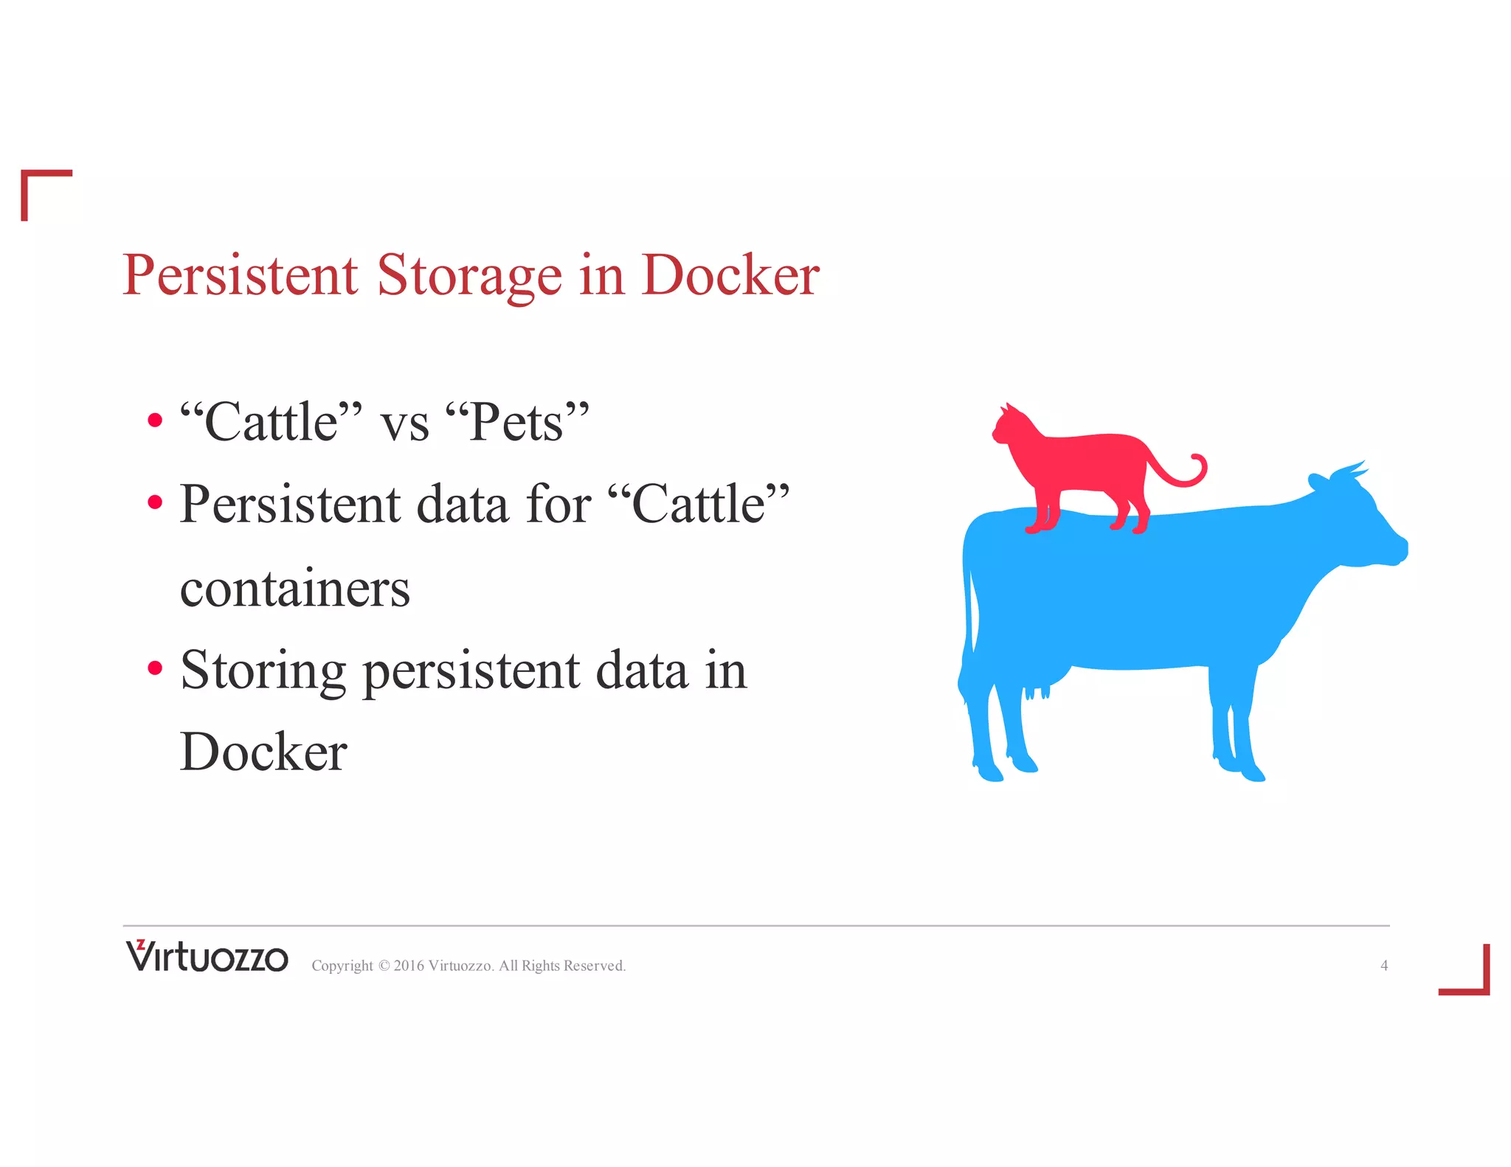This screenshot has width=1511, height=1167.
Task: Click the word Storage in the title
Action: click(469, 275)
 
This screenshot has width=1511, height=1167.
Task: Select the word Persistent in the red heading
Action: click(241, 275)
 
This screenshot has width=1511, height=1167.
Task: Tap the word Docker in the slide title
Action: click(730, 275)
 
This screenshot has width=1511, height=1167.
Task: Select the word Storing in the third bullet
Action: click(263, 671)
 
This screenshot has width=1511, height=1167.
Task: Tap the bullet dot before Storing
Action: click(154, 668)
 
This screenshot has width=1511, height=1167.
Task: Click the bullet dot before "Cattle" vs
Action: click(154, 420)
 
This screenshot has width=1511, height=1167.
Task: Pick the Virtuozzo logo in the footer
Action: click(207, 957)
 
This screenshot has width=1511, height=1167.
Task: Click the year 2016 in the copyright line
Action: click(409, 966)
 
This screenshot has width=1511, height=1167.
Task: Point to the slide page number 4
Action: click(1384, 966)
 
